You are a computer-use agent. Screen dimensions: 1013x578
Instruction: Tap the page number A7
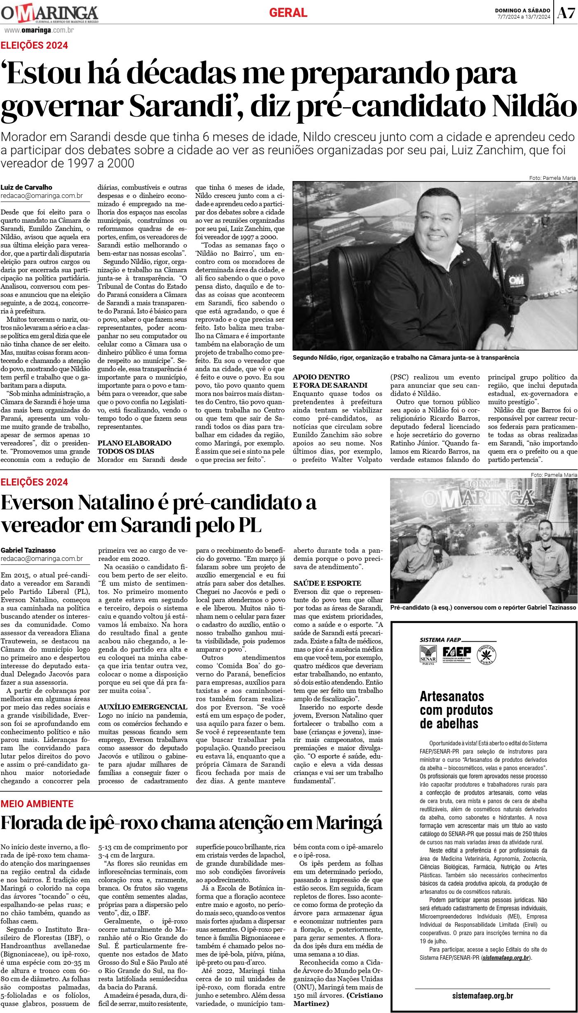(566, 14)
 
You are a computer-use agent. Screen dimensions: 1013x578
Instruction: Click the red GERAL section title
(288, 13)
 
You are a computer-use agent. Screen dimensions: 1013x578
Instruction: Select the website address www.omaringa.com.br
(39, 30)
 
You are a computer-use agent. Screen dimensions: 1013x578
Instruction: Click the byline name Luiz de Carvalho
(26, 187)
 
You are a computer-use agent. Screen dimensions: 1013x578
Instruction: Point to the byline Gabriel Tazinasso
(28, 550)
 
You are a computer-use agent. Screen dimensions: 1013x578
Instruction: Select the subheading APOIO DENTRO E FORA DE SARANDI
(321, 381)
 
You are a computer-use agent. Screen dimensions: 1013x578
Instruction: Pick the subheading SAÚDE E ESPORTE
(327, 583)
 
